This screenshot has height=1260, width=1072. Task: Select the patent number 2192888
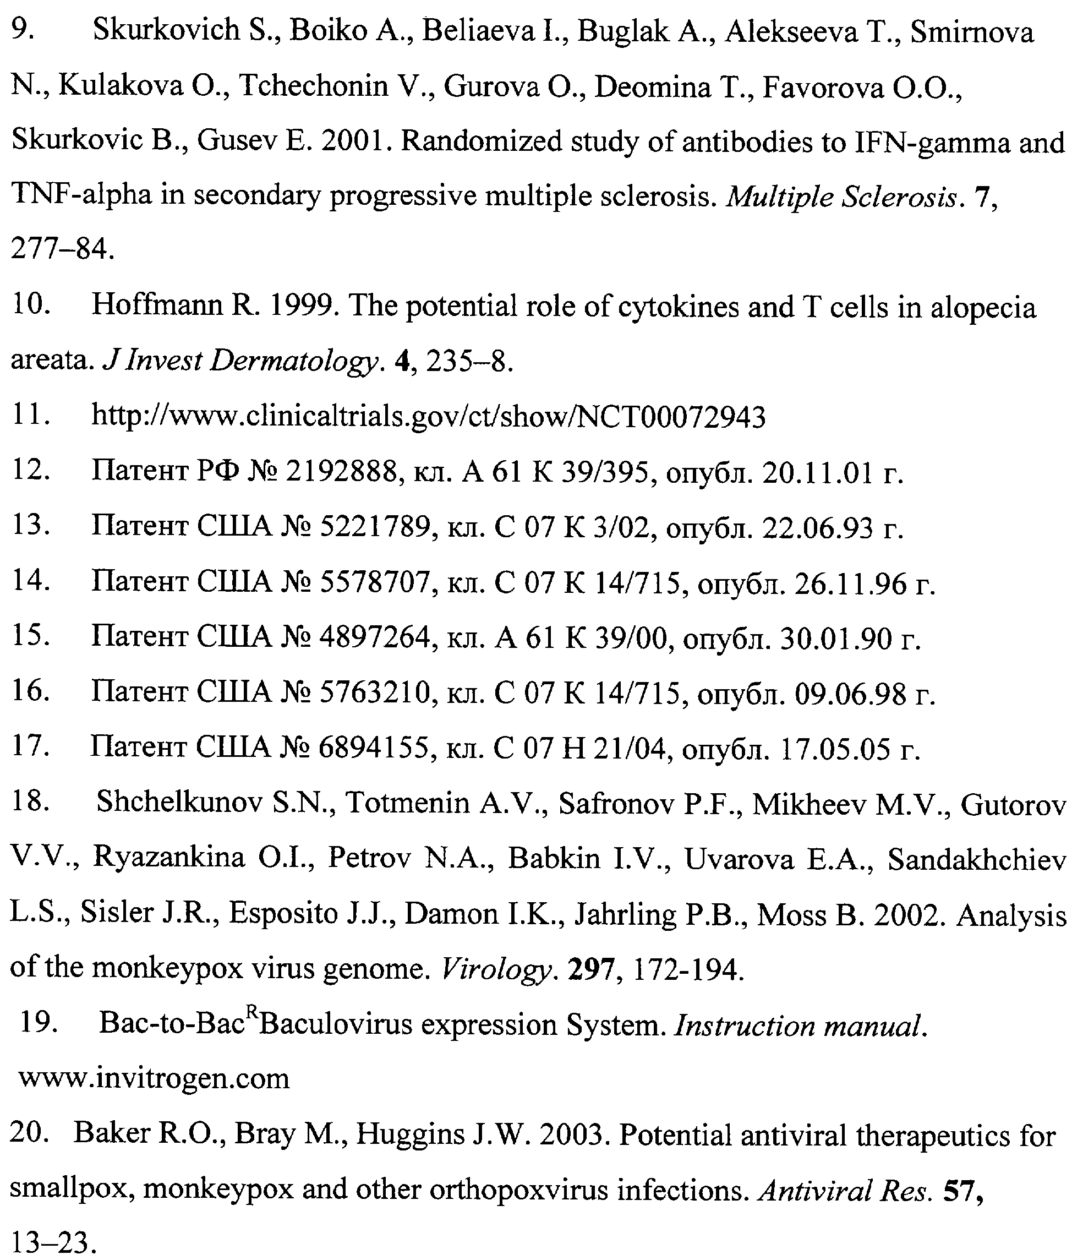point(341,472)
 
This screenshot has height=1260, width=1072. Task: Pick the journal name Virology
point(495,968)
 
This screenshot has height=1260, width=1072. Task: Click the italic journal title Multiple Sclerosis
point(841,197)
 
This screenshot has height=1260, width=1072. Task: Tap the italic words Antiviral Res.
point(845,1191)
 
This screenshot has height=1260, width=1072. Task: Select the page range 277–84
point(62,249)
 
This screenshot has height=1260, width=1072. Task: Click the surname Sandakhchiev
point(976,859)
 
